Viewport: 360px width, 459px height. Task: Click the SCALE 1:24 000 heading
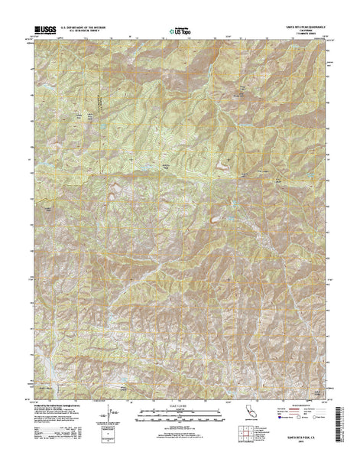pyautogui.click(x=180, y=396)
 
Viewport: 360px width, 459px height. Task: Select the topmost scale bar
pyautogui.click(x=180, y=401)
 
